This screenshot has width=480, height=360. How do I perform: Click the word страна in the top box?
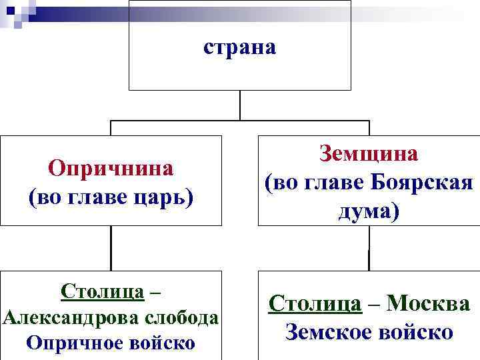[x=239, y=48]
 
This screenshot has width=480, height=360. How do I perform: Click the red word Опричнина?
[x=111, y=168]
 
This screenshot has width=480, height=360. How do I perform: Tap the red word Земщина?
[x=369, y=154]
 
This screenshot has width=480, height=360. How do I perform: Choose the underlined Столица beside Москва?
[x=315, y=304]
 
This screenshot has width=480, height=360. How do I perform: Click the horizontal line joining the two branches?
[x=200, y=121]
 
